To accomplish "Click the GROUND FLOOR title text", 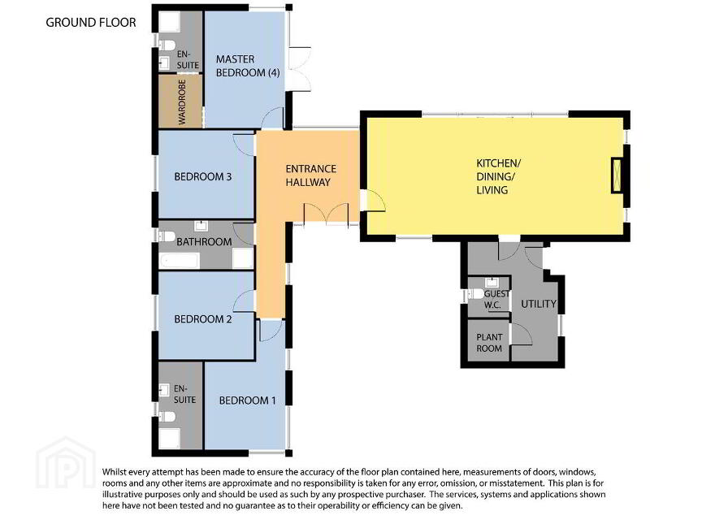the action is [x=91, y=23].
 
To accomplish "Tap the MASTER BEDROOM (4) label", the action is [x=248, y=66].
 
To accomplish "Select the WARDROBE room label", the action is [x=182, y=102].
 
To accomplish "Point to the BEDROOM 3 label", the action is [x=203, y=176].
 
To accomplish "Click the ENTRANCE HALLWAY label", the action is [x=310, y=175].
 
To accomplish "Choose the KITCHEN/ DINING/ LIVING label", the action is [x=498, y=176].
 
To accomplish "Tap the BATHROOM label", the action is [x=204, y=242].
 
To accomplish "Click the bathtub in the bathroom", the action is [x=180, y=261].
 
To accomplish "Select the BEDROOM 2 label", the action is [x=203, y=319].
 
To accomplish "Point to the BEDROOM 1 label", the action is [x=247, y=401].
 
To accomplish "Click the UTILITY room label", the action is [x=539, y=304].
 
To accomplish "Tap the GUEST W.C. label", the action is [x=496, y=299].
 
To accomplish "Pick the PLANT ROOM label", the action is [x=489, y=343].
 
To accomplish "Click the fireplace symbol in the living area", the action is [x=617, y=175].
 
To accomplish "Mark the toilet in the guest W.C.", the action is [x=476, y=294].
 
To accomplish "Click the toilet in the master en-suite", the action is [x=167, y=45].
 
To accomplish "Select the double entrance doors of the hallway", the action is [x=326, y=214].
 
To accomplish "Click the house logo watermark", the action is [x=66, y=462].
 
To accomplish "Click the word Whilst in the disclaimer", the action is [x=114, y=472].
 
